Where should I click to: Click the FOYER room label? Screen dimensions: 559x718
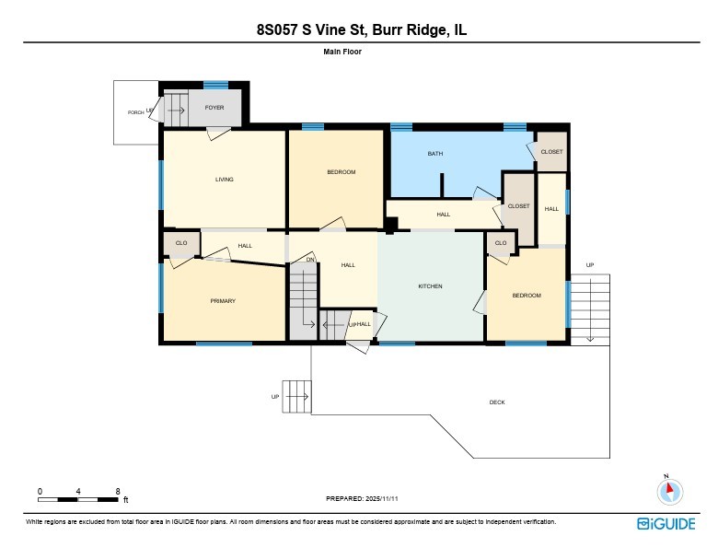pos(214,108)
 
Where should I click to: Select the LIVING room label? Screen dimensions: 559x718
pos(224,180)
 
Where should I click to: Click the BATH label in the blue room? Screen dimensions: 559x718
pos(435,154)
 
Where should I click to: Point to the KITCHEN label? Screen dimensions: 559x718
pos(430,286)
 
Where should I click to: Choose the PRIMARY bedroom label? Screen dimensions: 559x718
pos(223,301)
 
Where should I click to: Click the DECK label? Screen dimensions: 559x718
pos(497,402)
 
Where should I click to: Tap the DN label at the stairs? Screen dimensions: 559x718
pos(311,261)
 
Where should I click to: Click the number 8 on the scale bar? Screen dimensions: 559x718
pos(118,491)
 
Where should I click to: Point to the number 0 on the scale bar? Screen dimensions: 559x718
pos(40,491)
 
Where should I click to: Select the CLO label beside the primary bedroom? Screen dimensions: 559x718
pos(181,243)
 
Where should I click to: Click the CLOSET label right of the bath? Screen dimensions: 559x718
pos(551,152)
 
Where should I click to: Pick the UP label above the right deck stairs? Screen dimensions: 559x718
pos(590,265)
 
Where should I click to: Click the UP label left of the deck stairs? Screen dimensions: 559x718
pos(274,397)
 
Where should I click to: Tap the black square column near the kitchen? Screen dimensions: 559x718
pos(390,224)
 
